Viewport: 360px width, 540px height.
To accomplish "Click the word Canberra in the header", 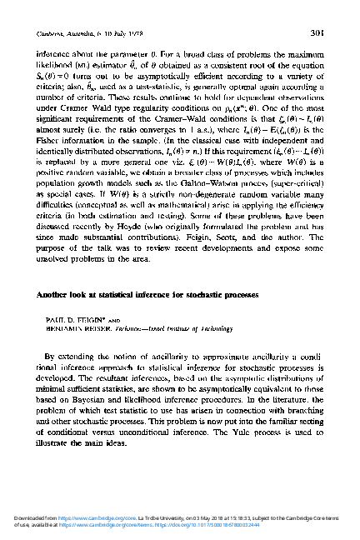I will (52, 34).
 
